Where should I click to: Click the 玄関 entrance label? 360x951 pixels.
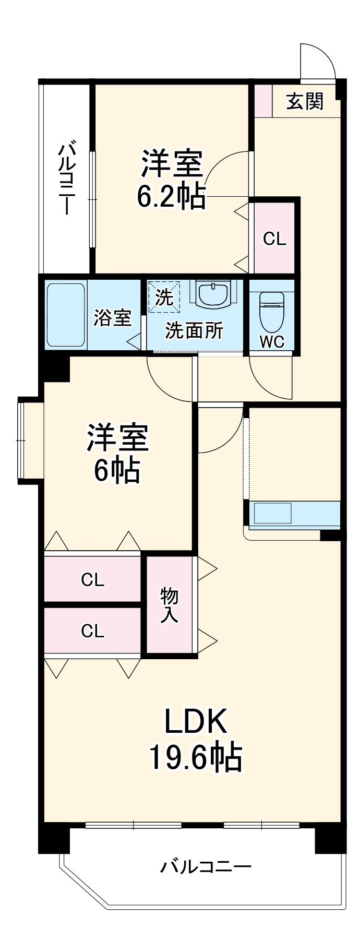(x=305, y=101)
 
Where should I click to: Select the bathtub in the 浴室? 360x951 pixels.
(x=65, y=315)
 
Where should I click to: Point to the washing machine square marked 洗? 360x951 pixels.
(x=164, y=297)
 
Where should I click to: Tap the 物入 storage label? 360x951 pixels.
(x=169, y=604)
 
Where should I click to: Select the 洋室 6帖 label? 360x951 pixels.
(x=117, y=453)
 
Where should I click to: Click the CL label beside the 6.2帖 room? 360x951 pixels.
(x=274, y=239)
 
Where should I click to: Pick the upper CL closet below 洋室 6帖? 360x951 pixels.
(x=92, y=579)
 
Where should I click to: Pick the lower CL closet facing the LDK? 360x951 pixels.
(x=92, y=631)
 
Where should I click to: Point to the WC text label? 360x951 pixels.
(x=272, y=342)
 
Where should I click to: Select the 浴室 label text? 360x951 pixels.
(x=113, y=318)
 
